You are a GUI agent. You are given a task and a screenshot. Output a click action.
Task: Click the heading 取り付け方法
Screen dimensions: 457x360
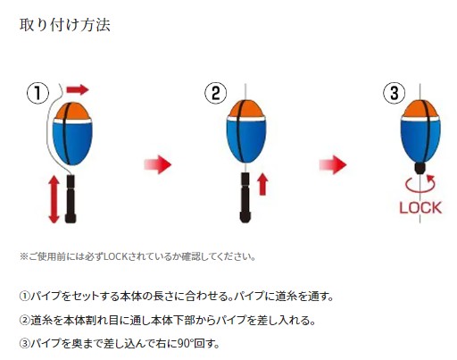(x=65, y=25)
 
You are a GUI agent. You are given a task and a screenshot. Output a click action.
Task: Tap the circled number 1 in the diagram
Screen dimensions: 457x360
(x=37, y=93)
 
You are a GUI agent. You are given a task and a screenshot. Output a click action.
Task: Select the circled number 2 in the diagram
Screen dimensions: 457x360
(x=215, y=93)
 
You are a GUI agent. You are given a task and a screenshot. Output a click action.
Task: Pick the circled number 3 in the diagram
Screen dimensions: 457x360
(x=394, y=93)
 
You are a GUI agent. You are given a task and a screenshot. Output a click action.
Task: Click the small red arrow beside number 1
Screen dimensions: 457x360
(x=78, y=89)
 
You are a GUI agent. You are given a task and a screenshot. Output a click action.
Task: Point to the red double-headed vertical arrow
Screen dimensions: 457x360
(x=54, y=199)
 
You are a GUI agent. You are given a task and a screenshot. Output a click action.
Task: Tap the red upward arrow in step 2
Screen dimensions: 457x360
(x=262, y=185)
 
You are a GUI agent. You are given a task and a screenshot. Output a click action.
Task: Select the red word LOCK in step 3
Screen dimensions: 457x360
(x=420, y=207)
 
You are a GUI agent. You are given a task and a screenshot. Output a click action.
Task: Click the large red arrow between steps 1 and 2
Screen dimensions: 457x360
(x=158, y=164)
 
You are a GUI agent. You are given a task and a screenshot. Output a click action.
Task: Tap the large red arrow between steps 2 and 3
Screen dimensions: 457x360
(x=333, y=164)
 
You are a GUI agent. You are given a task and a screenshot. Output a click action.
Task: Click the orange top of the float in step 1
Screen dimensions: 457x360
(x=72, y=111)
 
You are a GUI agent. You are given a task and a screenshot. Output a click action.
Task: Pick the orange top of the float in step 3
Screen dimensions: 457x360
(x=420, y=109)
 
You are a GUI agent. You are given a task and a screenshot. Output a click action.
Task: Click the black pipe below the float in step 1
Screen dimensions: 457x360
(x=71, y=199)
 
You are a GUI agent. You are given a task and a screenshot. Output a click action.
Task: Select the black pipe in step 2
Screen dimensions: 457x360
(x=245, y=197)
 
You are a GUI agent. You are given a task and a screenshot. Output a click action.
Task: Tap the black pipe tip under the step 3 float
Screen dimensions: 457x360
(x=420, y=168)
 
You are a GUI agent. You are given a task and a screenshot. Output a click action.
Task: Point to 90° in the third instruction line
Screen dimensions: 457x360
(x=185, y=344)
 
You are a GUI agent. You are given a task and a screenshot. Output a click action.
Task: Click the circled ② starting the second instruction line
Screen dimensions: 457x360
(x=25, y=320)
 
